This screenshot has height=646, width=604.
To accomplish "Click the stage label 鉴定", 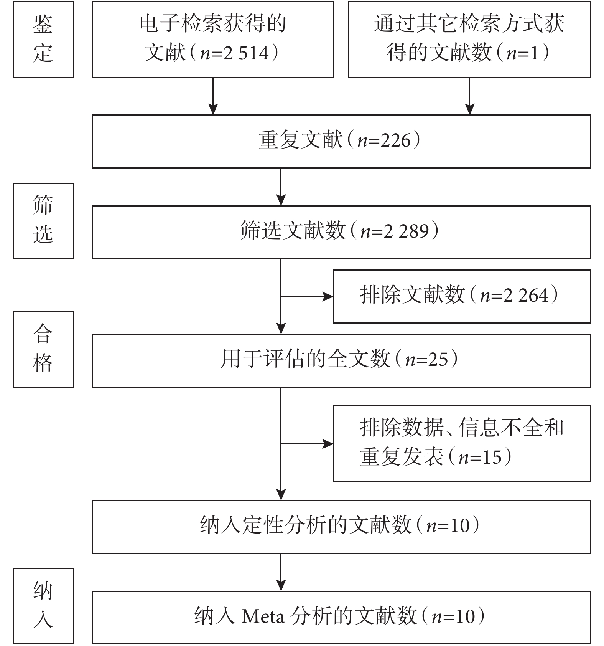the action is [x=43, y=39].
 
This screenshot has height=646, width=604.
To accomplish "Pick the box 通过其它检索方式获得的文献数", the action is [x=469, y=39].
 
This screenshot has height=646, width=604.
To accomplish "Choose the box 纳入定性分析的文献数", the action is [x=341, y=526].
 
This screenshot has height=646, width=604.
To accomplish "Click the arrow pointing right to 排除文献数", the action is [x=307, y=296].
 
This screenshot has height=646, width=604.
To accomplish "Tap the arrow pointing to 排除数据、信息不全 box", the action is [x=307, y=444].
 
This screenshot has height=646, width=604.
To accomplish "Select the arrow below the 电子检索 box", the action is [x=213, y=96].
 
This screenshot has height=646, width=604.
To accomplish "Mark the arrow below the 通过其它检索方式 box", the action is [x=469, y=96].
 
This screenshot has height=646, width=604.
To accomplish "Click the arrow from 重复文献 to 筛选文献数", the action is [x=281, y=187].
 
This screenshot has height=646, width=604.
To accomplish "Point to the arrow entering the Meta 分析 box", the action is [x=281, y=572].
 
